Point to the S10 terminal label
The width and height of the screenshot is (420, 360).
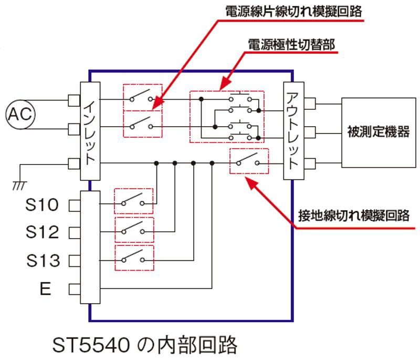pyautogui.click(x=43, y=204)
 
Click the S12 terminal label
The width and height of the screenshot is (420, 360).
pyautogui.click(x=43, y=232)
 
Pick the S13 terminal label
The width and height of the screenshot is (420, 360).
pyautogui.click(x=43, y=260)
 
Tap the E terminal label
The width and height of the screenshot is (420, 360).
pyautogui.click(x=46, y=289)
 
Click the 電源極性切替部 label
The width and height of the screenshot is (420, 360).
pyautogui.click(x=291, y=44)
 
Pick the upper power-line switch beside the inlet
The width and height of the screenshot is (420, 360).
pyautogui.click(x=142, y=97)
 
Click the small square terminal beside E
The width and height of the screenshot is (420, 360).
pyautogui.click(x=73, y=289)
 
